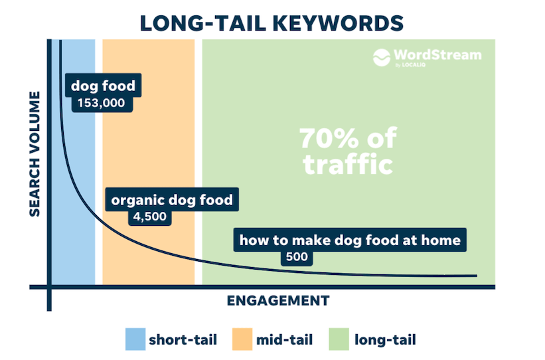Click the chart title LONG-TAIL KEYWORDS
(x=272, y=24)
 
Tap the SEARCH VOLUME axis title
(x=35, y=153)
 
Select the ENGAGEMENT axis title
(x=278, y=300)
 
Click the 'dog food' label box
(x=103, y=85)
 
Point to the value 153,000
(x=101, y=103)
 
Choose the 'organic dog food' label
(x=172, y=200)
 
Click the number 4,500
(x=150, y=217)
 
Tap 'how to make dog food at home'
(x=350, y=240)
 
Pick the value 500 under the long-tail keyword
(x=297, y=256)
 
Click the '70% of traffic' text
(x=348, y=151)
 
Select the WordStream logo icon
(x=382, y=57)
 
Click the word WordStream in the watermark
(x=437, y=54)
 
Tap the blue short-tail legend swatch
(x=135, y=339)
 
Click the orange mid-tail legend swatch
(x=242, y=339)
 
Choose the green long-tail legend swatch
(x=339, y=339)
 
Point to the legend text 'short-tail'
(x=183, y=339)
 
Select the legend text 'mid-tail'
(x=284, y=339)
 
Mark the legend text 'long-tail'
(x=385, y=339)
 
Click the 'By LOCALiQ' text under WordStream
(x=410, y=64)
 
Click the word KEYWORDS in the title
(x=338, y=24)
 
